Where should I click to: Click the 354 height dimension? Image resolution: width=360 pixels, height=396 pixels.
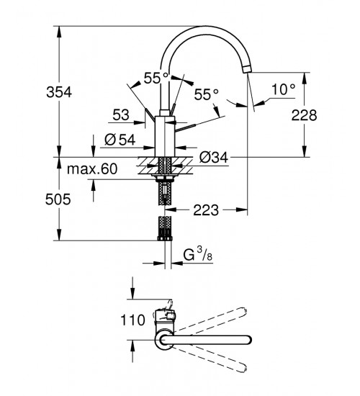59,92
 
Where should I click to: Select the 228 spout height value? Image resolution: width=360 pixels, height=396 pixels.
304,115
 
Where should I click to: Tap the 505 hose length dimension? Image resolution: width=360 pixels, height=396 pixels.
58,199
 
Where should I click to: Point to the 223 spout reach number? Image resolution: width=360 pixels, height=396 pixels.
206,210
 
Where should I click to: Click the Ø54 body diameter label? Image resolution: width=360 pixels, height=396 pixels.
120,140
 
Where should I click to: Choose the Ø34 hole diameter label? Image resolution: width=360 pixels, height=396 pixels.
213,158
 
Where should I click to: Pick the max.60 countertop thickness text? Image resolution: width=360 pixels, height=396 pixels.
92,168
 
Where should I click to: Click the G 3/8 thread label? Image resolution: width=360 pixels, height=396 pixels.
197,254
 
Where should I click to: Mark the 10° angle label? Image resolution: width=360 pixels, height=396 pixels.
283,90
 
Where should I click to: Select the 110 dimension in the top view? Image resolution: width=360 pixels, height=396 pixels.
132,320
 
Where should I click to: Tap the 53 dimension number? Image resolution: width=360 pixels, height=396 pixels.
121,115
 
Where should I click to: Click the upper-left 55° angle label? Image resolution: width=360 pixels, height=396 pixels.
156,78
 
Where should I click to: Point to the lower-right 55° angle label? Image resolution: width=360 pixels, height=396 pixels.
206,95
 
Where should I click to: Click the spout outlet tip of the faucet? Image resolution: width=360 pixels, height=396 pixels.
247,68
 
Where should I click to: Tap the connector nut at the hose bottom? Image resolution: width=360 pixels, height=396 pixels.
165,238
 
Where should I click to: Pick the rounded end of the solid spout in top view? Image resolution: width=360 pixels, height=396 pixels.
248,340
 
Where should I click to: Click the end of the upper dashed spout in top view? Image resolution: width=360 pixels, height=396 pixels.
244,311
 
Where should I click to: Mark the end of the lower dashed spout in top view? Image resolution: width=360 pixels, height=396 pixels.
243,369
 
